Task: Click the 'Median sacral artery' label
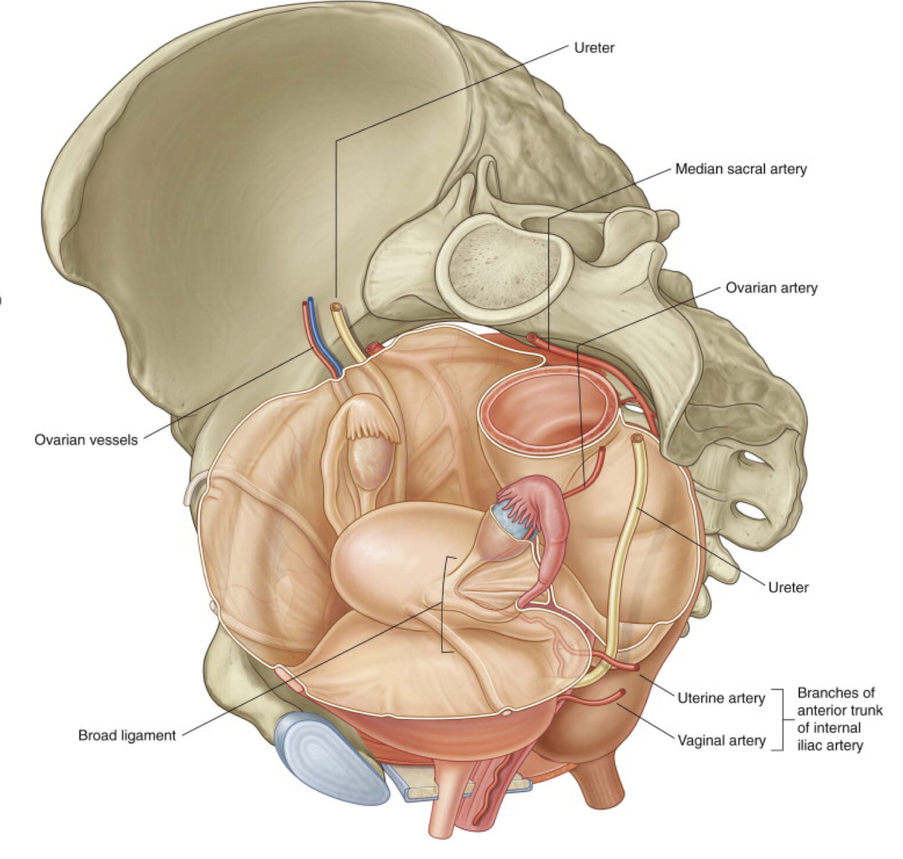[x=741, y=169]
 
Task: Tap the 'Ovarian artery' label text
[x=771, y=288]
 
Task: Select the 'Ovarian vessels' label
[x=86, y=440]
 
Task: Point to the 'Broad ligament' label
[x=127, y=734]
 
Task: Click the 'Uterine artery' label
[x=721, y=698]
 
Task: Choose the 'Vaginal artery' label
[x=721, y=741]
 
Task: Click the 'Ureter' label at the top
[x=594, y=47]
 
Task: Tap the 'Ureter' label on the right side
[x=788, y=587]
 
